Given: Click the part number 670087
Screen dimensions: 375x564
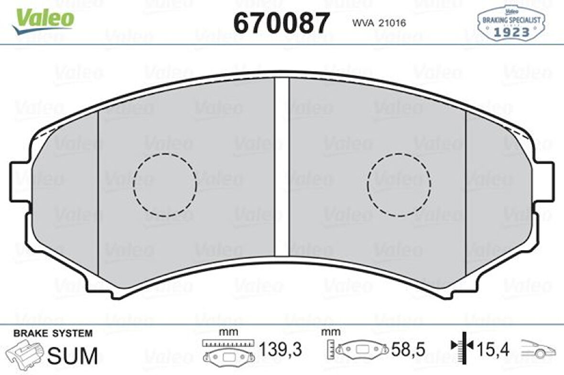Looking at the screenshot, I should (x=281, y=22).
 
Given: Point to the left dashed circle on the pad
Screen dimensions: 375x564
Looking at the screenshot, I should (x=165, y=185).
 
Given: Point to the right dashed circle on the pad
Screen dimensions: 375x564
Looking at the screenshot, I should (x=399, y=185).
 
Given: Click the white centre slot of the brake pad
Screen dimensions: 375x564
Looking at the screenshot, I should (x=282, y=167).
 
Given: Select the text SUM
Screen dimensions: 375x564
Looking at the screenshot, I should (x=74, y=355).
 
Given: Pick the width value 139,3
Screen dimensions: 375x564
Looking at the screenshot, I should (x=281, y=350).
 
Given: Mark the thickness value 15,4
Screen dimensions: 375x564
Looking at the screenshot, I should (x=492, y=350).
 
